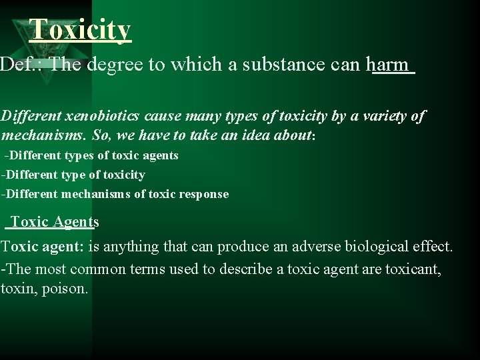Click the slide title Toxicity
point(81,29)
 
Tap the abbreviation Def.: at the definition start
point(22,65)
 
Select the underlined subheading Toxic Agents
point(55,222)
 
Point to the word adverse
point(316,246)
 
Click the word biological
point(377,246)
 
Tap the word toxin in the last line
point(17,290)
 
